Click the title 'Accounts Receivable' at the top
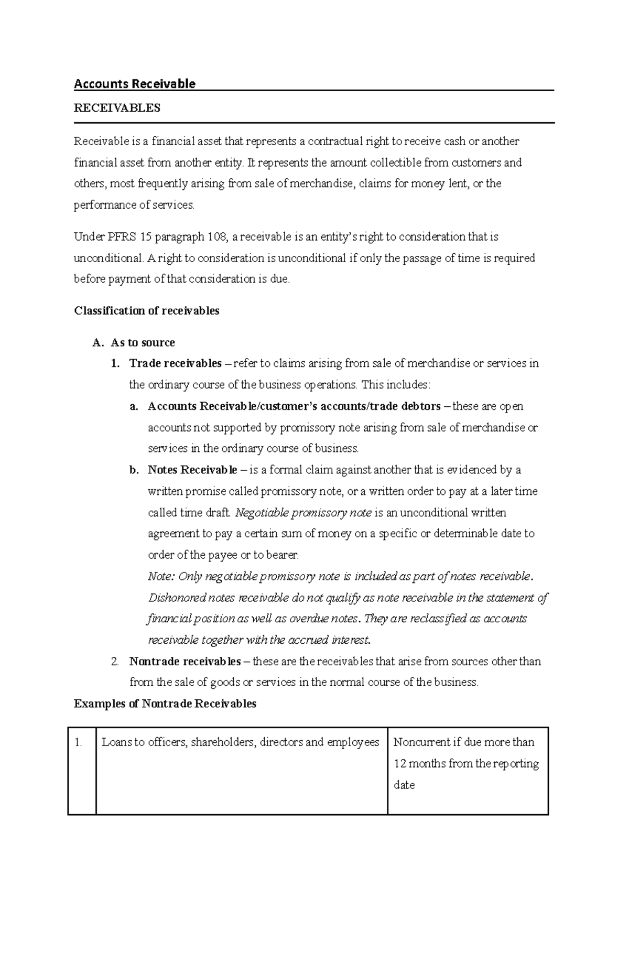point(135,84)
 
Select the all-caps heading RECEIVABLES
point(117,108)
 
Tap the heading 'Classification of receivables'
point(147,311)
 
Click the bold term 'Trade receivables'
point(176,363)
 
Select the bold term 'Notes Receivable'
point(192,470)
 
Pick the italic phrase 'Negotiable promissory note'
point(303,513)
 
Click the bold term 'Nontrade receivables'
point(185,662)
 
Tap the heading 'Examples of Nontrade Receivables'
point(165,704)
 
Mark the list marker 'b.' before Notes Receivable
point(134,470)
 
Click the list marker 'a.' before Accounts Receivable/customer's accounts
point(134,406)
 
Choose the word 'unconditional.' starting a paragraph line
point(109,258)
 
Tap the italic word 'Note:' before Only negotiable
point(161,577)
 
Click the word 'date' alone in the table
point(404,785)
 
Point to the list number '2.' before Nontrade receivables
point(115,662)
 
